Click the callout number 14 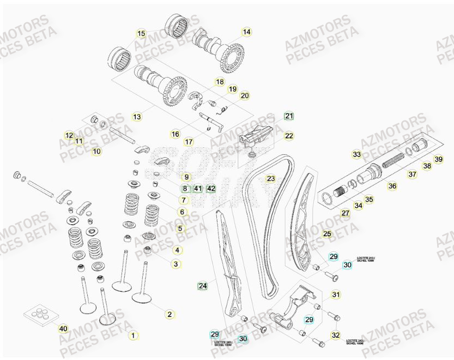(x=247, y=32)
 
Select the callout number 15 (x=141, y=34)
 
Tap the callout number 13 (x=137, y=117)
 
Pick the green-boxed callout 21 (x=289, y=116)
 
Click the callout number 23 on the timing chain (x=271, y=178)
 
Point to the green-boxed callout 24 (x=203, y=285)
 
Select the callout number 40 (x=63, y=328)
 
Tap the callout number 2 (x=170, y=314)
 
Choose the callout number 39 (x=438, y=160)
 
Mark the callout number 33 (x=356, y=155)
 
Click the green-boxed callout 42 (x=211, y=189)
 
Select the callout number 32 (x=336, y=334)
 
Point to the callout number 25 (x=327, y=234)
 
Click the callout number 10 (x=96, y=151)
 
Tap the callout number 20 (x=244, y=95)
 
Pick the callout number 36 (x=392, y=186)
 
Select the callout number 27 (x=345, y=213)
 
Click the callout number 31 (x=336, y=295)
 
